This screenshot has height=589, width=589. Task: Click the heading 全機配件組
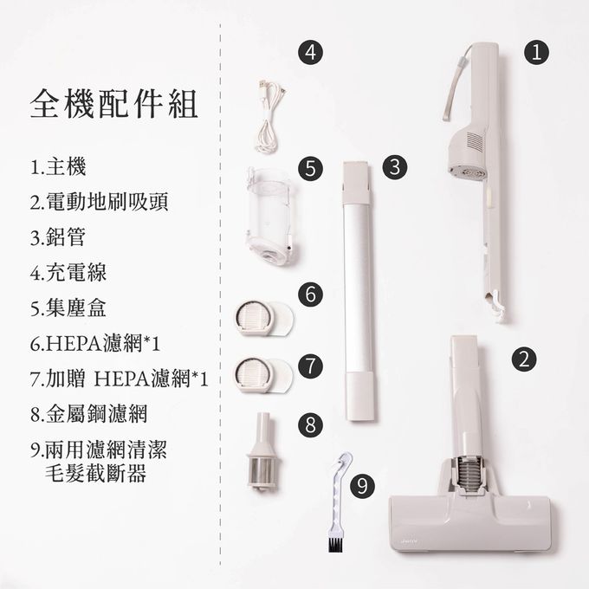coord(113,104)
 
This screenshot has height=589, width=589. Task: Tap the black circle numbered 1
coord(536,52)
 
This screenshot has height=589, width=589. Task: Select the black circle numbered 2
coord(524,359)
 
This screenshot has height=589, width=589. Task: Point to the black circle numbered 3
coord(395,166)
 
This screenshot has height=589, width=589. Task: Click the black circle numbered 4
coord(310,52)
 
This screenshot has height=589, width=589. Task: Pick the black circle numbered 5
coord(310,168)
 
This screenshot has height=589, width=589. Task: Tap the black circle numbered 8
coord(310,424)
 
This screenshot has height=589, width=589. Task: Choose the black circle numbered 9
coord(362,485)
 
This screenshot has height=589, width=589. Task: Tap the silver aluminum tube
coord(359,291)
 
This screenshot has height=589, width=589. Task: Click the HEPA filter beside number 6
coord(263,318)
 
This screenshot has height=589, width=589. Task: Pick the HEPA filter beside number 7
coord(263,374)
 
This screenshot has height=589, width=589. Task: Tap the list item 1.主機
coord(58,167)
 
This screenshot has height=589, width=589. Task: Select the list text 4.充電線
coord(68,272)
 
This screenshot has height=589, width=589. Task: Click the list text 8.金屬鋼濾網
coord(88,413)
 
